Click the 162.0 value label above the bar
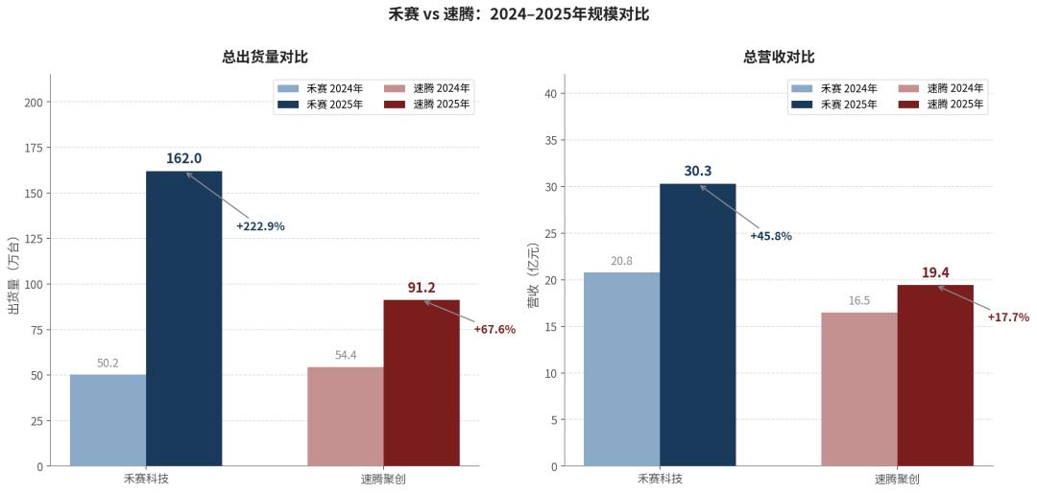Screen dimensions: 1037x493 [183, 158]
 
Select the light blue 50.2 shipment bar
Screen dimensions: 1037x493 [108, 420]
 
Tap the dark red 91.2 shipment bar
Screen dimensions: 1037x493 [422, 384]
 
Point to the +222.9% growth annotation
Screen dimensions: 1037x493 [260, 226]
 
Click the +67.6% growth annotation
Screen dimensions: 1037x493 [494, 329]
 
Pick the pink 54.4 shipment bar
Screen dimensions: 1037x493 [346, 416]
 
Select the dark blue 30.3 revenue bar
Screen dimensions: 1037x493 [698, 325]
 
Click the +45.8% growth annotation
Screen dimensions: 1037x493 [771, 236]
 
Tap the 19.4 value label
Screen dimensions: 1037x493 [935, 272]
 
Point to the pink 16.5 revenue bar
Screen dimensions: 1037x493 [859, 389]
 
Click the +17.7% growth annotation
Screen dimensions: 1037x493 [1008, 317]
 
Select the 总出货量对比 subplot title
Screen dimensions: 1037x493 [265, 58]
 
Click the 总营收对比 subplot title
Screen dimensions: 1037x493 [779, 58]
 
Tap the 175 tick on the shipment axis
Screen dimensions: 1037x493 [35, 148]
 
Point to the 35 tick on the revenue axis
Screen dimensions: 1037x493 [551, 140]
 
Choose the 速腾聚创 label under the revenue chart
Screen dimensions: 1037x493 [897, 479]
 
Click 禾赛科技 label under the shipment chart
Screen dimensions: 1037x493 [146, 479]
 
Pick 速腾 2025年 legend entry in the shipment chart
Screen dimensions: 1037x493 [428, 105]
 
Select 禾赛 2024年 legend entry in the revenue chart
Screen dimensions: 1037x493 [834, 88]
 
